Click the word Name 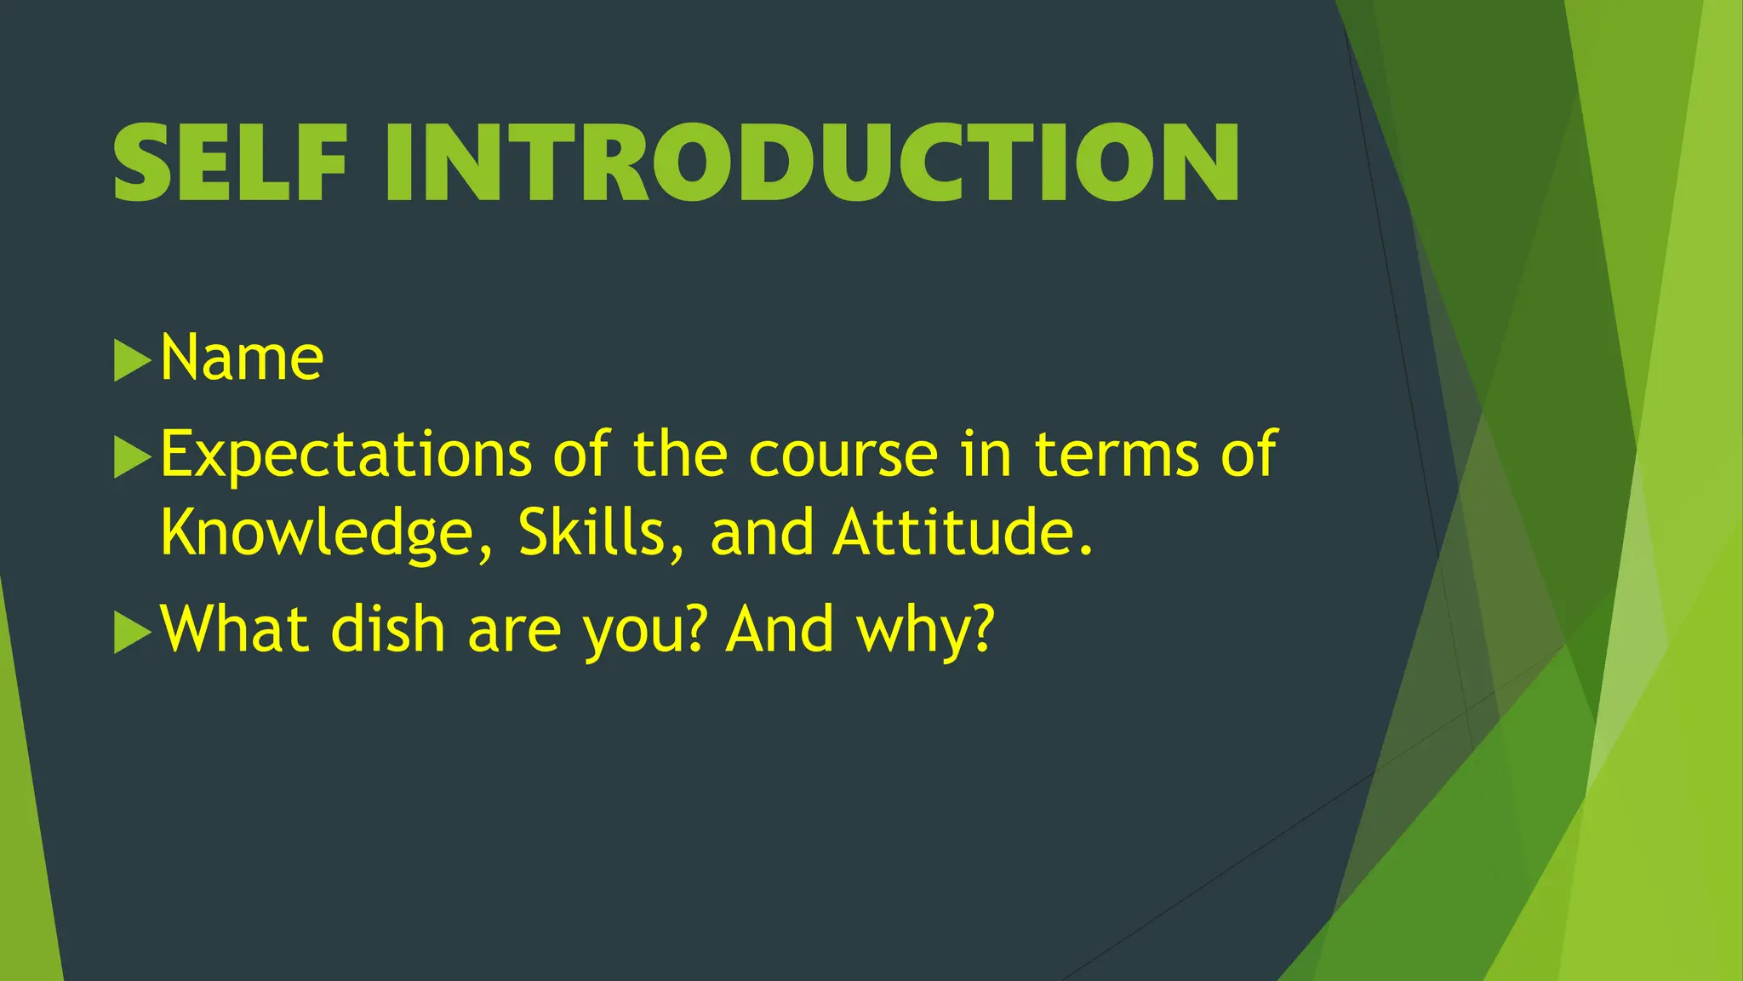[x=242, y=358]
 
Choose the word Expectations [x=346, y=456]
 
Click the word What [x=235, y=630]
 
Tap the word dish [x=388, y=630]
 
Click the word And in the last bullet [x=780, y=630]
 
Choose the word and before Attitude [x=762, y=533]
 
